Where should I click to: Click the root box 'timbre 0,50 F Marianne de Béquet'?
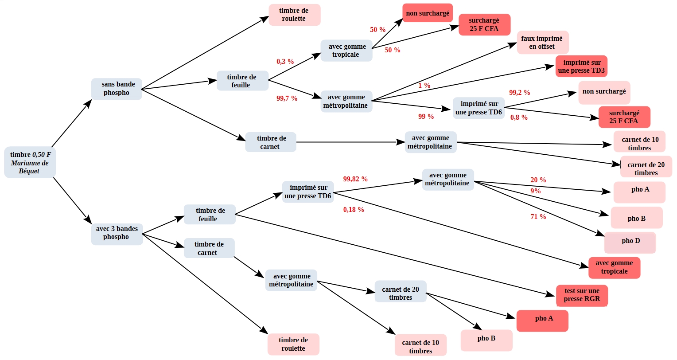coord(30,162)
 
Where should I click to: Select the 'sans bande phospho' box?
coord(117,89)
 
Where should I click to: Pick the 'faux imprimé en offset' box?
coord(543,43)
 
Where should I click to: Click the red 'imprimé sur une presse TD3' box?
coord(581,66)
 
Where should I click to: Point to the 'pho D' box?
coord(630,243)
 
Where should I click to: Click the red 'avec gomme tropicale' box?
coord(615,268)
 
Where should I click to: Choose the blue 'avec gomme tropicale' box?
coord(346,51)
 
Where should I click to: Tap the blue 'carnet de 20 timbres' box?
coord(401,291)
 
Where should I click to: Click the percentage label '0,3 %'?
coord(285,62)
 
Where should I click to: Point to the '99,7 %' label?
coord(287,98)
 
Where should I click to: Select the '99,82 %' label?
coord(355,179)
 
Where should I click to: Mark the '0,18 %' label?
coord(353,210)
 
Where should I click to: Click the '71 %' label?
coord(538,217)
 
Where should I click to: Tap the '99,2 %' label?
coord(519,93)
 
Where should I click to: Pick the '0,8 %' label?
coord(519,117)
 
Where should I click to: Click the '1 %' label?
coord(424,86)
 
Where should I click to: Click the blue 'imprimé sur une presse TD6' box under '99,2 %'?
coord(479,108)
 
